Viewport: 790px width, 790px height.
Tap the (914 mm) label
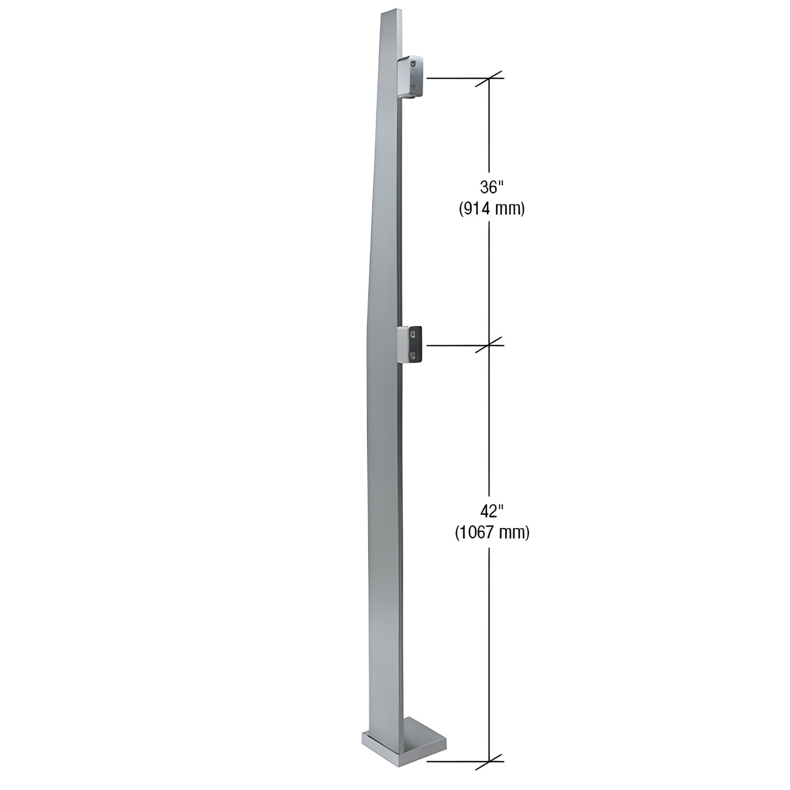click(x=491, y=209)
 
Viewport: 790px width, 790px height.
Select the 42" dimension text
click(x=491, y=511)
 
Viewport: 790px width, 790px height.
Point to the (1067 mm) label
click(x=492, y=532)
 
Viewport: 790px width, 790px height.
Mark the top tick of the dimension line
click(x=489, y=78)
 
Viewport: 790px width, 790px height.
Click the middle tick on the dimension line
click(x=489, y=345)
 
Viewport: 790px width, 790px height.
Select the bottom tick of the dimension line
click(x=489, y=760)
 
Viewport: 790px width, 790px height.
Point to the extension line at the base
click(x=457, y=760)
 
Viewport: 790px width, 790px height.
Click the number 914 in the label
click(x=477, y=209)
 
